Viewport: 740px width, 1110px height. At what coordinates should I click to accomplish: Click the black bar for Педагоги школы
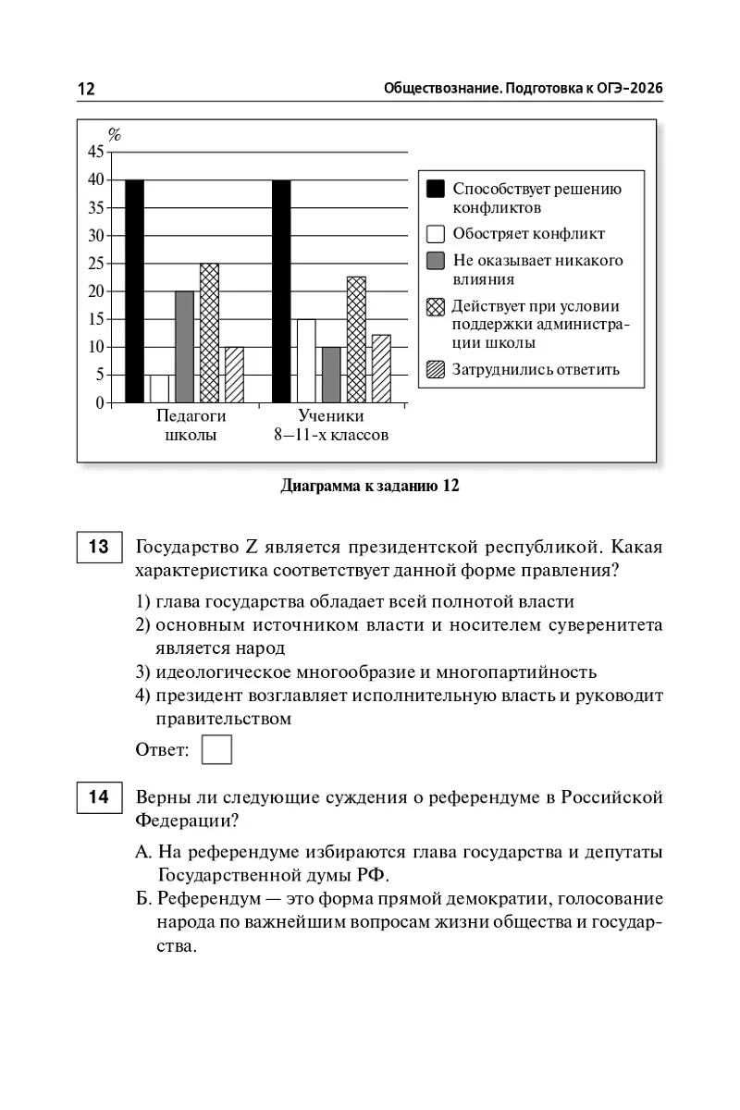pyautogui.click(x=134, y=291)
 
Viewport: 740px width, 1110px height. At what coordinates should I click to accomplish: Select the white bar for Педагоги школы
pyautogui.click(x=159, y=388)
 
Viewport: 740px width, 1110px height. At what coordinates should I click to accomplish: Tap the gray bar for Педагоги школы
pyautogui.click(x=184, y=347)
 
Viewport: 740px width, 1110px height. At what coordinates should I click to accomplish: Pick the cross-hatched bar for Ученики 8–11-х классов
pyautogui.click(x=356, y=339)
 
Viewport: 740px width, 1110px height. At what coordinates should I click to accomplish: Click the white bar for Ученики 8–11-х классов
pyautogui.click(x=306, y=361)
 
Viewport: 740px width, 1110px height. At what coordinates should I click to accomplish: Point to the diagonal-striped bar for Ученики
pyautogui.click(x=381, y=368)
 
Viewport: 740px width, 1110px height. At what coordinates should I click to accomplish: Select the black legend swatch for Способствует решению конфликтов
pyautogui.click(x=436, y=189)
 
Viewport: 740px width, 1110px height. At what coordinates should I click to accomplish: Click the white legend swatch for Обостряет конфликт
pyautogui.click(x=436, y=234)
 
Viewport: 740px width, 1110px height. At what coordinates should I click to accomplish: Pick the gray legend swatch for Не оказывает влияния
pyautogui.click(x=436, y=261)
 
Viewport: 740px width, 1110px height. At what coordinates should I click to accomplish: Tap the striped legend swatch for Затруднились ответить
pyautogui.click(x=436, y=370)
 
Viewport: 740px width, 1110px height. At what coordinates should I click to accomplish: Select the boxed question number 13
pyautogui.click(x=99, y=548)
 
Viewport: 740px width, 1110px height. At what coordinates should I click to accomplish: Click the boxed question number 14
pyautogui.click(x=99, y=796)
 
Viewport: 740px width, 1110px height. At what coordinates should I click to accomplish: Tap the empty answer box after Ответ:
pyautogui.click(x=216, y=749)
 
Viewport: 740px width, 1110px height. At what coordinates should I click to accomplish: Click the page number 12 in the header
pyautogui.click(x=86, y=89)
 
